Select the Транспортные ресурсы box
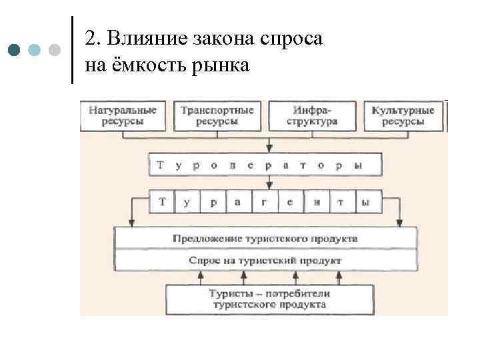[217, 115]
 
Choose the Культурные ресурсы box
[403, 115]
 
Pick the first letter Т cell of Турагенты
[162, 201]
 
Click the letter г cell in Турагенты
[264, 201]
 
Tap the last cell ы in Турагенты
[366, 201]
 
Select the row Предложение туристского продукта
[265, 238]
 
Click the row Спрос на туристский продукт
[265, 260]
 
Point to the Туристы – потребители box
[269, 299]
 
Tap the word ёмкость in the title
[137, 65]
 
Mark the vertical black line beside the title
[72, 50]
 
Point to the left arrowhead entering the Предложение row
[131, 222]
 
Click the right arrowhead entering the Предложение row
[400, 222]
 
